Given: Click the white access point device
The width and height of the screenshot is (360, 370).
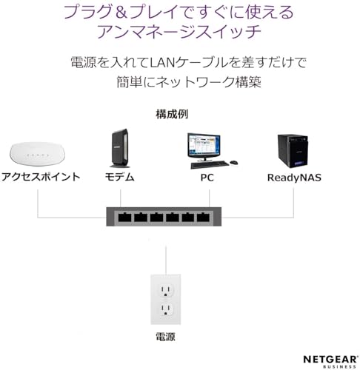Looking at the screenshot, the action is (37, 153).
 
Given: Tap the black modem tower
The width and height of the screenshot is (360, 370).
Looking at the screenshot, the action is (120, 148).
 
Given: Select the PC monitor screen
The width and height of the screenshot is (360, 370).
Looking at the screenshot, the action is (204, 145).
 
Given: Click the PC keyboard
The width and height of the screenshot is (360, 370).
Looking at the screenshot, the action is (210, 164).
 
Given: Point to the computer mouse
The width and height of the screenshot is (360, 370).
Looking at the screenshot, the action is (234, 163).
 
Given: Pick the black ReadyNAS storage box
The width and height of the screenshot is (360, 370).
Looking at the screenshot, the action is (293, 151).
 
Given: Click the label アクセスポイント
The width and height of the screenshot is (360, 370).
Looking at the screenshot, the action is (41, 177).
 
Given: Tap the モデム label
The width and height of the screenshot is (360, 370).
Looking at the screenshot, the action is (120, 177).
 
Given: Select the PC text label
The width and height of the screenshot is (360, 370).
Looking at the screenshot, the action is (207, 178).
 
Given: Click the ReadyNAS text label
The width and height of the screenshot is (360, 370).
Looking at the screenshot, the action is (294, 178).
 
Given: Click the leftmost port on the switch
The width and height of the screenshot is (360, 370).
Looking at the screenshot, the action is (124, 217).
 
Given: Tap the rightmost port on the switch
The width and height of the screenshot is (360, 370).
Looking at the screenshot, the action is (203, 217).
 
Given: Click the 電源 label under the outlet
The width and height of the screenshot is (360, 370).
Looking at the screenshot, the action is (165, 337).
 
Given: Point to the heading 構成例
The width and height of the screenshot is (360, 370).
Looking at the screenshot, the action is (172, 114).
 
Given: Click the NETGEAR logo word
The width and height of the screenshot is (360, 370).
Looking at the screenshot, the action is (330, 359).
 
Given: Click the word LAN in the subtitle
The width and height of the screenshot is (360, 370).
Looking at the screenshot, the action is (162, 62).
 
